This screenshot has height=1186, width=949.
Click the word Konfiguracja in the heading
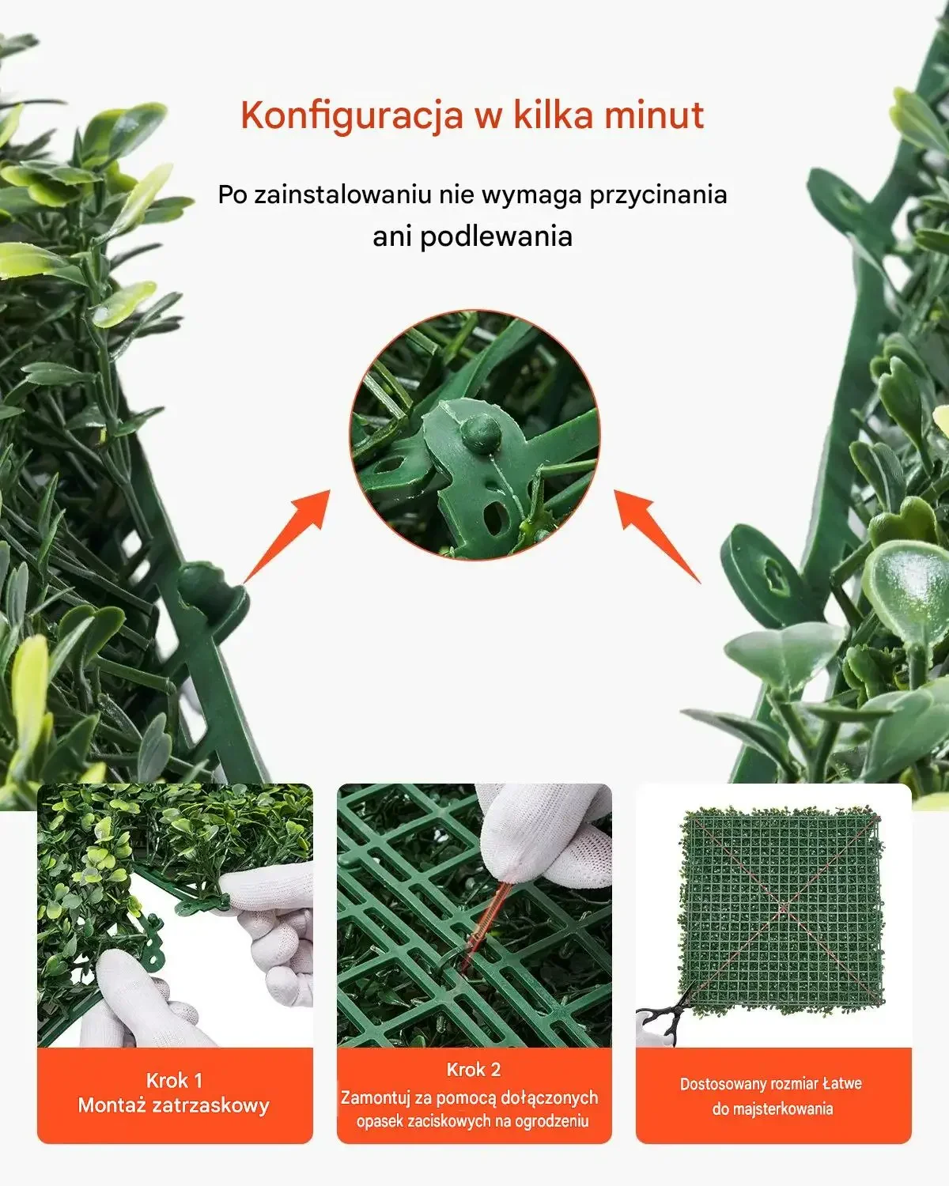pos(351,116)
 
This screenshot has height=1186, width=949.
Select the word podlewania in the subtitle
pos(496,236)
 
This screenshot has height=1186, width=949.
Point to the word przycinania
pos(658,195)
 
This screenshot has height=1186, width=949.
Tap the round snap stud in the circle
pos(480,431)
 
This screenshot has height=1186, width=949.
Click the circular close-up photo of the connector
pos(475,435)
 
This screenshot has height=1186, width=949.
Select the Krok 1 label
pos(174,1080)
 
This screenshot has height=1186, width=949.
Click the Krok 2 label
pos(474,1070)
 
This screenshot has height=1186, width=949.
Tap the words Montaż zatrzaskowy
pos(174,1105)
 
